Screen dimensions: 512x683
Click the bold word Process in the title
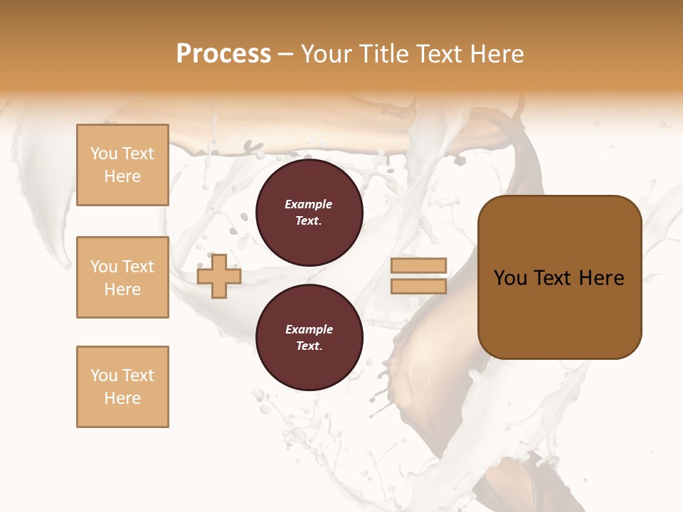coord(223,54)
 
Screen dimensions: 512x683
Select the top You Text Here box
coord(122,165)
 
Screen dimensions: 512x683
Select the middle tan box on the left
coord(122,277)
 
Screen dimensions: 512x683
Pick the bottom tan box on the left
coord(122,387)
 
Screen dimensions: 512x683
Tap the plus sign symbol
coord(219,277)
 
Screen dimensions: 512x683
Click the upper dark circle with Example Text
coord(309,213)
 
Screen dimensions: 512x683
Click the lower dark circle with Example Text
coord(309,338)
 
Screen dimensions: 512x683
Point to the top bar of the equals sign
coord(418,266)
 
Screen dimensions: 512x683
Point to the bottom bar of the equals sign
coord(418,286)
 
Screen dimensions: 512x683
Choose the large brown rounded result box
coord(559,277)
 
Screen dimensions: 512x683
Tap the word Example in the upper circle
coord(309,205)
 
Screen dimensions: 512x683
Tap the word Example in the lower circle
coord(309,330)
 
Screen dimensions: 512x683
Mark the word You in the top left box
coord(104,154)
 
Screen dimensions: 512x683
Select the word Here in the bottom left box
coord(122,399)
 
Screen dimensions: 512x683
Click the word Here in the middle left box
coord(122,289)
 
